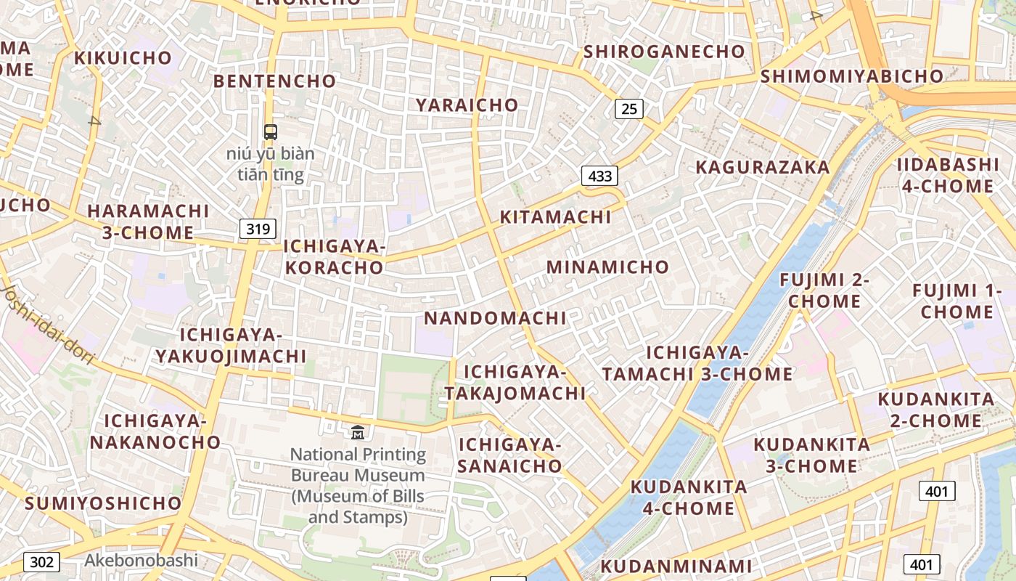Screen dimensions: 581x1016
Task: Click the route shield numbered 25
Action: [x=629, y=109]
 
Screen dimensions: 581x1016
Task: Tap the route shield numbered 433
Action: [x=599, y=175]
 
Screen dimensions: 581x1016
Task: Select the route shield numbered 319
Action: [x=258, y=229]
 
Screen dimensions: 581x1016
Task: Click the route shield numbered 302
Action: [x=41, y=561]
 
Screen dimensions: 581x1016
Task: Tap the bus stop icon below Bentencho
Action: [x=270, y=131]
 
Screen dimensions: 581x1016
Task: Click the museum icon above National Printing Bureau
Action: [x=358, y=432]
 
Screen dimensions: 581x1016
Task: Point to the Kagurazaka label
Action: [x=762, y=167]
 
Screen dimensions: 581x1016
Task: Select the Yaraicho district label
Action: [x=467, y=105]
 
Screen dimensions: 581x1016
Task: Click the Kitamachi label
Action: [x=555, y=217]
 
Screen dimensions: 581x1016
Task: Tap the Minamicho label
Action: [x=607, y=267]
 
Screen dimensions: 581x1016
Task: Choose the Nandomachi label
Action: [x=495, y=318]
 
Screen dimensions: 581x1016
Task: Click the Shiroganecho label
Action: [x=664, y=52]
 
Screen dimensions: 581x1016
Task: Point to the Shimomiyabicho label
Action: [x=851, y=76]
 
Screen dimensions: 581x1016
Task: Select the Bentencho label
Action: [x=274, y=81]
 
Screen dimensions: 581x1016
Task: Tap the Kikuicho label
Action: [x=123, y=57]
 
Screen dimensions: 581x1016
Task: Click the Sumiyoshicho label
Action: [x=103, y=503]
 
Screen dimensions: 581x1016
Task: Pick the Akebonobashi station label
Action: [x=141, y=560]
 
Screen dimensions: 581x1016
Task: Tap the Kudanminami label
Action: [x=676, y=566]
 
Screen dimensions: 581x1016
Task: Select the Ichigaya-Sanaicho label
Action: [x=509, y=455]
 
